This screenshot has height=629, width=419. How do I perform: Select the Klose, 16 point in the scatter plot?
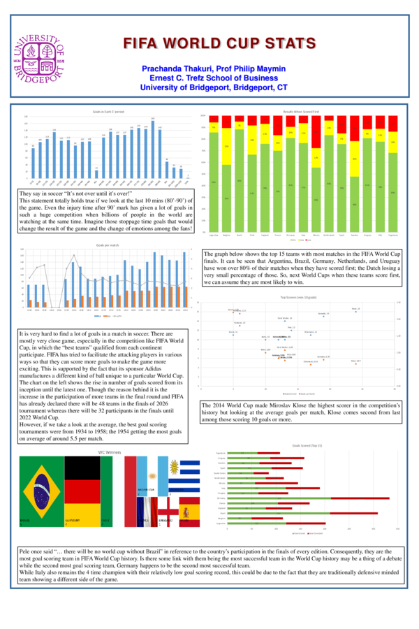(355, 310)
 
